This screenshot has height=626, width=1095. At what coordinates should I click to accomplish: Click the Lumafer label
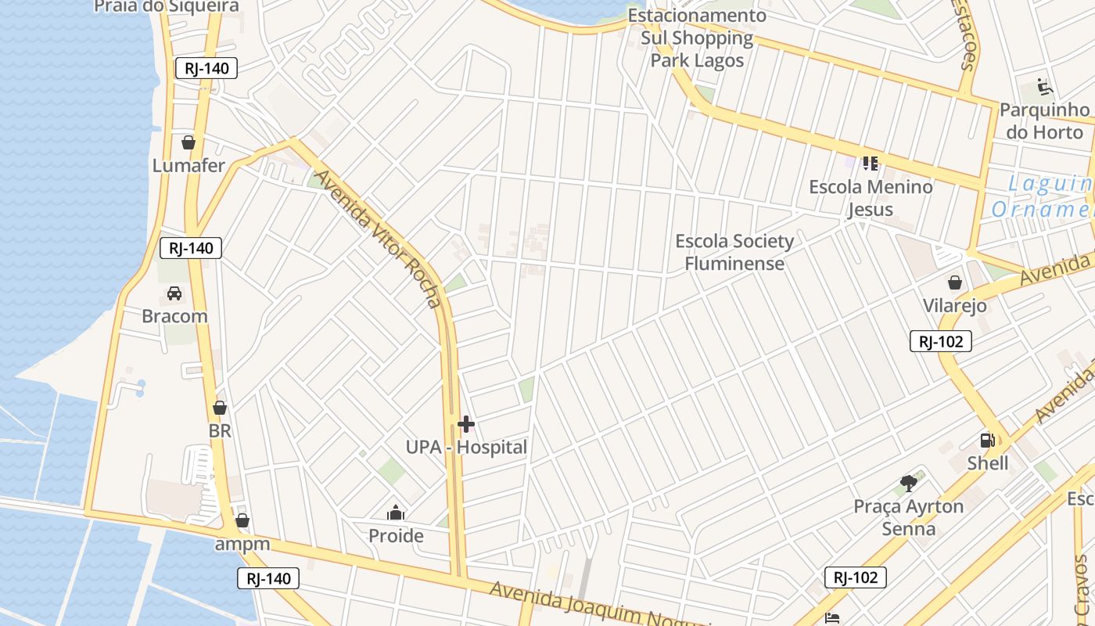[x=188, y=166]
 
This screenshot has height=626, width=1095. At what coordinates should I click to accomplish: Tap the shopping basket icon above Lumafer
[x=188, y=142]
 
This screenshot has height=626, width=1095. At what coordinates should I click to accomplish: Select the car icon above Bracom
[x=174, y=293]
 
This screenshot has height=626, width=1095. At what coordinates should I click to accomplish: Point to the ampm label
[x=242, y=544]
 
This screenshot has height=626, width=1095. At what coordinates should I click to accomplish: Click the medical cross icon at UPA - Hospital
[x=466, y=425]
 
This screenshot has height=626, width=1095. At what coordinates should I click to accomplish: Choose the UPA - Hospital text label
[x=466, y=448]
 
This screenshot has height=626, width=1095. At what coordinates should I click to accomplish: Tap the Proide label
[x=396, y=536]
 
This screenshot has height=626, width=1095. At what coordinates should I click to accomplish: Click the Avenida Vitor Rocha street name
[x=379, y=238]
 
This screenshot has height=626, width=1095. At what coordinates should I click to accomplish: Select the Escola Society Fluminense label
[x=734, y=252]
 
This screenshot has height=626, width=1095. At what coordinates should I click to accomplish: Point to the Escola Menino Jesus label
[x=871, y=198]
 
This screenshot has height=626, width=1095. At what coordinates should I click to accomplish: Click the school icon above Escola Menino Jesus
[x=871, y=164]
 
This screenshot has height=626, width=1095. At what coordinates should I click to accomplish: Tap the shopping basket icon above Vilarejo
[x=955, y=282]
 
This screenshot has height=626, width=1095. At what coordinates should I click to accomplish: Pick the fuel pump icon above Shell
[x=988, y=441]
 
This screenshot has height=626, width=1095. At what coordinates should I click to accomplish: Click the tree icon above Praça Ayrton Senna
[x=908, y=484]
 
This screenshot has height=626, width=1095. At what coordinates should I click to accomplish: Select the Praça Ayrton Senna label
[x=908, y=517]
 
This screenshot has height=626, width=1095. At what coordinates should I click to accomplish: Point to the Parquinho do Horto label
[x=1044, y=121]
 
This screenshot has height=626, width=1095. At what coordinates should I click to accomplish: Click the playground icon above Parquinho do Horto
[x=1044, y=86]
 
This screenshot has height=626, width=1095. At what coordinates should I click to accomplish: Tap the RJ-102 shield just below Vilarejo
[x=941, y=341]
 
